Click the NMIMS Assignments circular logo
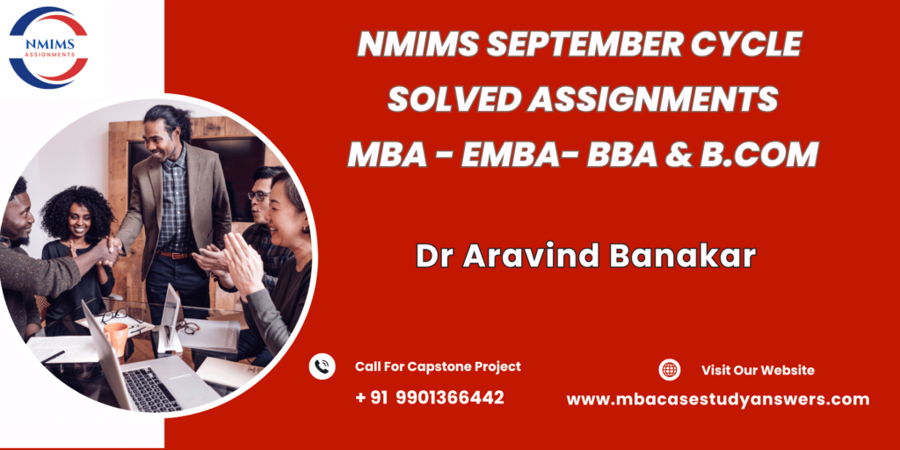pos(48,47)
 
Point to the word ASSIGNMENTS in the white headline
pos(653,100)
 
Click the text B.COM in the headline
pos(758,155)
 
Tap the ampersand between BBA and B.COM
pos(679,155)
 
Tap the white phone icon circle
pos(322,367)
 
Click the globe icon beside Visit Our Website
pos(669,370)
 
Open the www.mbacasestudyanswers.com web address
pos(717,399)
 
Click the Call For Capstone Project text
pos(438,367)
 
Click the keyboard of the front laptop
pos(150,388)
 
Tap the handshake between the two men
pos(110,250)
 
